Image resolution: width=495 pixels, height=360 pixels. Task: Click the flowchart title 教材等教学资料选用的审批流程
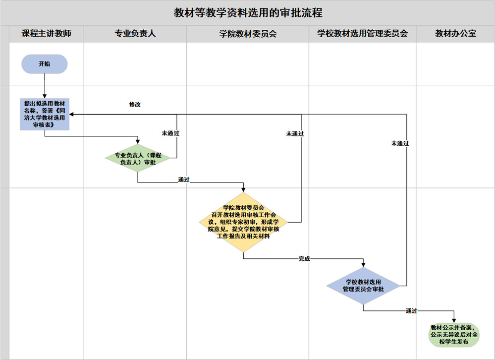tap(248, 13)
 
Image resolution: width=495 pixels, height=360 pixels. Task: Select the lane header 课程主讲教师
tap(46, 34)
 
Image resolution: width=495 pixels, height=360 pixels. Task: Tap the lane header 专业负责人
tap(135, 34)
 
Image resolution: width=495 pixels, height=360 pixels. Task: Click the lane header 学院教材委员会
tap(248, 34)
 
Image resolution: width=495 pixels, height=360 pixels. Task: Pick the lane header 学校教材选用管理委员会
tap(362, 34)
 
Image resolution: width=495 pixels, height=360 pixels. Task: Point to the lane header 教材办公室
tap(455, 34)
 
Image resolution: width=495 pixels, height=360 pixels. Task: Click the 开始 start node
tap(44, 64)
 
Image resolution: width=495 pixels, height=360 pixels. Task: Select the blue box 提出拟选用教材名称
tap(44, 114)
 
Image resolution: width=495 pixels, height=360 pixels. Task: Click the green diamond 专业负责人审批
tap(138, 158)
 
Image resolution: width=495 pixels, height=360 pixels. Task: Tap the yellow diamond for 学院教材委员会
tap(243, 222)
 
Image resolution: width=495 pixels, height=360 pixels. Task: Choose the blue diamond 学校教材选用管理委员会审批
tap(364, 286)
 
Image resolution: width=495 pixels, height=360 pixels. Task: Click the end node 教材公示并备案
tap(455, 335)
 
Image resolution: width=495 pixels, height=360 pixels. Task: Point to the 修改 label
tap(135, 105)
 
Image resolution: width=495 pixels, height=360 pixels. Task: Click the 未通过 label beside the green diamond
tap(170, 133)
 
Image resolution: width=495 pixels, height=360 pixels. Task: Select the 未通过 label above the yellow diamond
tap(295, 133)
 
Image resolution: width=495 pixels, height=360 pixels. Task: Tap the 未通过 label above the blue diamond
tap(400, 143)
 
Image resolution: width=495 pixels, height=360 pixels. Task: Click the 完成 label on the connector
tap(304, 259)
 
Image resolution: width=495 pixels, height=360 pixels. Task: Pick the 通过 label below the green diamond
tap(184, 180)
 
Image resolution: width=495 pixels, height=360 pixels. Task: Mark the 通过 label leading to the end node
tap(411, 311)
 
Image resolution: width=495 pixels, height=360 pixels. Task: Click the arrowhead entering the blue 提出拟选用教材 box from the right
tap(72, 115)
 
